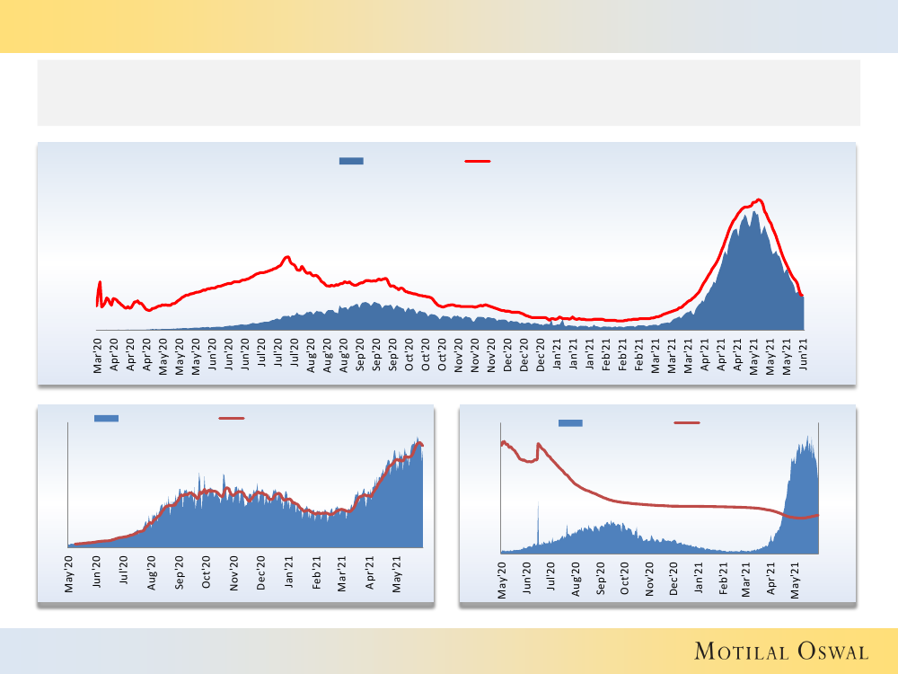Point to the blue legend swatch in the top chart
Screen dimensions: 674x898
(x=351, y=161)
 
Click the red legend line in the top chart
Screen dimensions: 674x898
(x=477, y=161)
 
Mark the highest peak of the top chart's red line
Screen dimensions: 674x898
(x=760, y=200)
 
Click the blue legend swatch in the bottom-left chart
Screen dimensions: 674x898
(x=106, y=418)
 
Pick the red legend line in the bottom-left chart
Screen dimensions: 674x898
(x=232, y=418)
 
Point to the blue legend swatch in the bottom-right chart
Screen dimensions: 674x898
(x=570, y=422)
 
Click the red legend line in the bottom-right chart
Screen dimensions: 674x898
(x=687, y=422)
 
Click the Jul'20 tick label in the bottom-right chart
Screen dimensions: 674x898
(x=551, y=576)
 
